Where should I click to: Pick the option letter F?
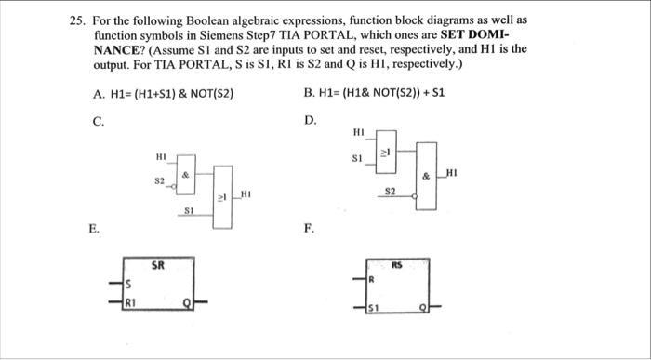308,225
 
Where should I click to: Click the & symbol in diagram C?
186,173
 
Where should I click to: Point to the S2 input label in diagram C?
159,179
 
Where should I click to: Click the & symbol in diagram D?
425,176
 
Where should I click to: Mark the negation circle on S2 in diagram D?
415,197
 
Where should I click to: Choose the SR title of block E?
158,265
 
